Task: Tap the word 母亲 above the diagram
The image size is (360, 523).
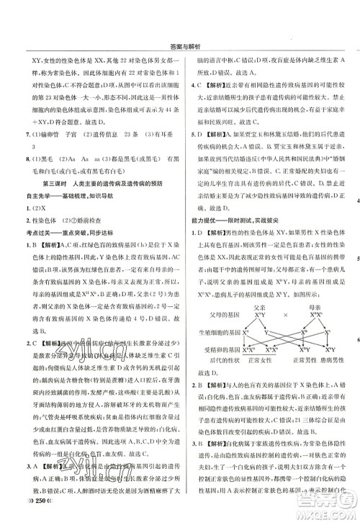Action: coord(305,305)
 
